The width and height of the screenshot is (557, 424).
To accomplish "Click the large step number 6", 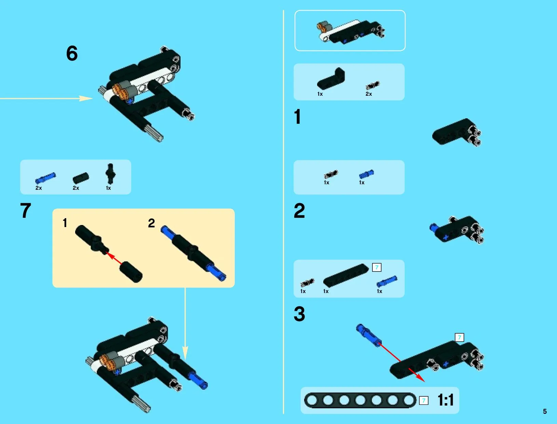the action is [72, 53].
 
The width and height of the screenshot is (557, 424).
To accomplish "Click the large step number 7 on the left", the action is [26, 210].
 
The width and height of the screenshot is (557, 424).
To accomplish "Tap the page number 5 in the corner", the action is [545, 411].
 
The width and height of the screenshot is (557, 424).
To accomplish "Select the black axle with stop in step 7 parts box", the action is [110, 174].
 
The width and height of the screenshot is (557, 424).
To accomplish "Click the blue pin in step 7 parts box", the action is [45, 178].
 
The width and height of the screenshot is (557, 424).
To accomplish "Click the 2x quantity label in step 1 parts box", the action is [369, 94].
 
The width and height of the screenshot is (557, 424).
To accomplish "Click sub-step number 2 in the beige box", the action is [151, 223].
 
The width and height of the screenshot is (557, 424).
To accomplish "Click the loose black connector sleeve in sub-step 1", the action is [131, 272].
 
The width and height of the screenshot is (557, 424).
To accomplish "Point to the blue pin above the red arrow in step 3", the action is [368, 335].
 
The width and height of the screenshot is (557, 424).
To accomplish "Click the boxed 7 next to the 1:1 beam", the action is [423, 400].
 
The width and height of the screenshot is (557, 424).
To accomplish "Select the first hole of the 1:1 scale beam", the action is [312, 400].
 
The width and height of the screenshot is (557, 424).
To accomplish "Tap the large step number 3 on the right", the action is [299, 314].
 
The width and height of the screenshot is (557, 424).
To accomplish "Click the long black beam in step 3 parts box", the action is [346, 276].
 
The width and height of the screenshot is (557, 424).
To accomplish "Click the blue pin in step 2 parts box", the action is [366, 174].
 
